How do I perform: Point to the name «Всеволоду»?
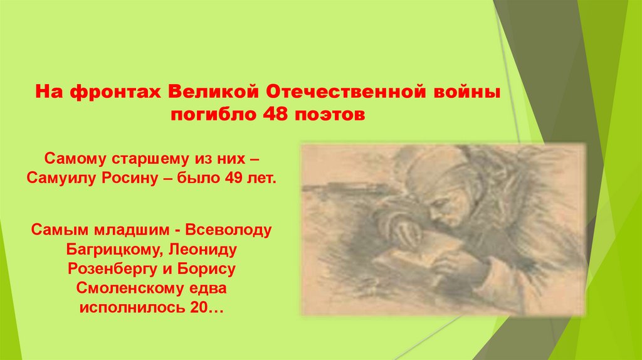coord(233,230)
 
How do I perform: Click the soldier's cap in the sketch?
coord(435,173)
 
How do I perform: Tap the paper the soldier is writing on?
coord(408,258)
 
